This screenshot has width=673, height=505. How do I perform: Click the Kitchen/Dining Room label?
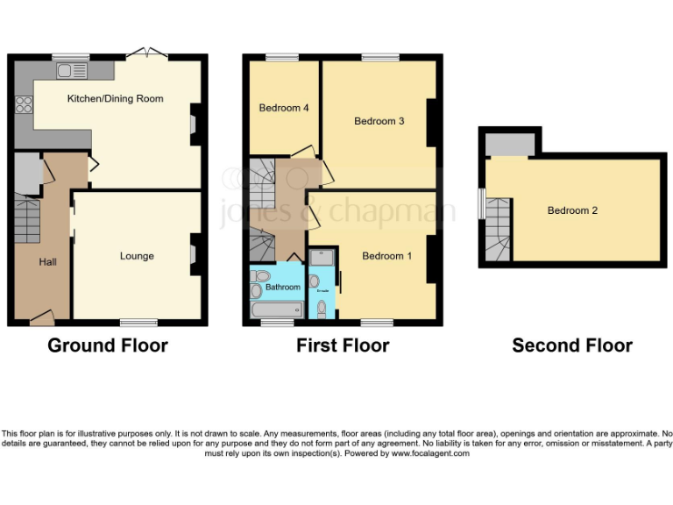coord(115,99)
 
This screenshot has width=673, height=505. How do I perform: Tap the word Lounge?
coord(137,256)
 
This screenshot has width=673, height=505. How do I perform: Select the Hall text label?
coord(47,262)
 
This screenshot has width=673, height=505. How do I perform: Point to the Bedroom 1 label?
coord(387,256)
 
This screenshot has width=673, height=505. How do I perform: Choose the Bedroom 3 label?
coord(379,121)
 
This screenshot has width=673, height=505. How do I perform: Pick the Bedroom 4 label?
coord(284,108)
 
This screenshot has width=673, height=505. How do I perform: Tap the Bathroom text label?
coord(283,287)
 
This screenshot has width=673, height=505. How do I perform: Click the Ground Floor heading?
coord(108,345)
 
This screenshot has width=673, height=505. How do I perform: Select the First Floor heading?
coord(343,345)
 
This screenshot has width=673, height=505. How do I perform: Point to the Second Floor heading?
coord(572,345)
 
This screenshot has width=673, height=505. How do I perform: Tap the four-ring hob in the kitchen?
coord(24,106)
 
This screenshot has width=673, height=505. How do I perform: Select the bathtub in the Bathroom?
coord(276,309)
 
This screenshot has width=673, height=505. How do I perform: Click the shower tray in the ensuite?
coord(321,258)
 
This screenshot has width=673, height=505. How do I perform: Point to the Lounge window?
coord(138,323)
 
